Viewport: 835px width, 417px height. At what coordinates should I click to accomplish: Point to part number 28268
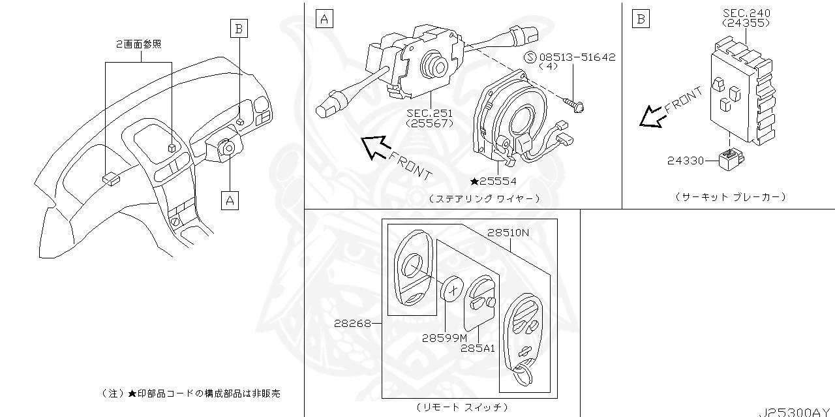point(352,323)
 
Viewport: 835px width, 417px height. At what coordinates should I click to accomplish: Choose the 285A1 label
point(478,348)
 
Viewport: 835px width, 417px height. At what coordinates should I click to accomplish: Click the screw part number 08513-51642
point(577,57)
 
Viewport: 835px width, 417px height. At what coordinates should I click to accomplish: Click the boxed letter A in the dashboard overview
point(230,200)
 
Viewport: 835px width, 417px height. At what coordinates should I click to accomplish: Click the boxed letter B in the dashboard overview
point(239,28)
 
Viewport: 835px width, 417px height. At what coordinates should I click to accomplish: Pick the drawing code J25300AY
point(795,412)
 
